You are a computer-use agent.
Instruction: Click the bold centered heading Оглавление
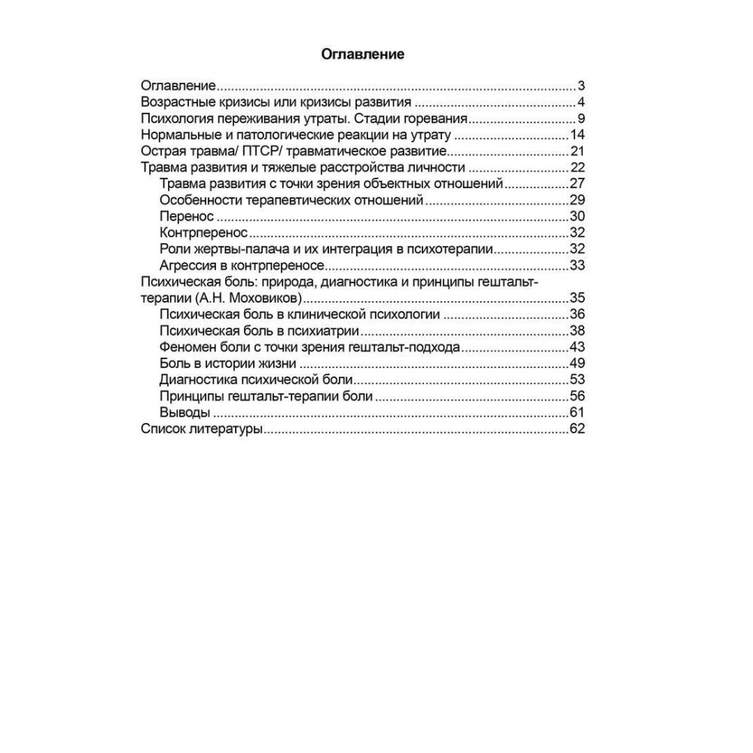pyautogui.click(x=363, y=54)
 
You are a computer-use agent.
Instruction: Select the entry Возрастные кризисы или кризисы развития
pyautogui.click(x=276, y=102)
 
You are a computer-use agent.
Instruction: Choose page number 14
pyautogui.click(x=578, y=136)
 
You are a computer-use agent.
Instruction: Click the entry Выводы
pyautogui.click(x=184, y=413)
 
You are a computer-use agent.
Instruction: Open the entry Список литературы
pyautogui.click(x=201, y=429)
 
